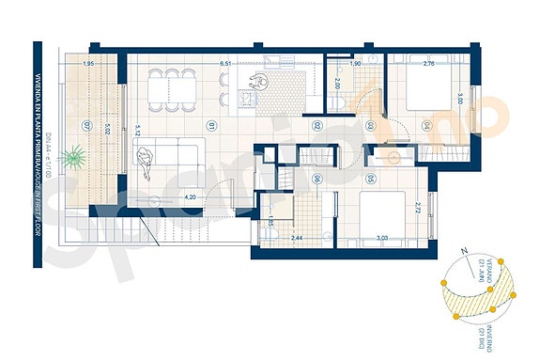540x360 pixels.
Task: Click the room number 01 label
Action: pos(213,125)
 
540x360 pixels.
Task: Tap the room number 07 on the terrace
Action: pos(86,125)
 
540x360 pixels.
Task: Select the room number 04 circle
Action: pos(426,125)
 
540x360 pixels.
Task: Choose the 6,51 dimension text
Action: pos(225,64)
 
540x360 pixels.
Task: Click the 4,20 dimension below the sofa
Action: pos(190,196)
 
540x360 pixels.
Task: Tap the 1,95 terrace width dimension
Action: pos(89,64)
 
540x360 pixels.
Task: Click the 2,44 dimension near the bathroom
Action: pos(297,240)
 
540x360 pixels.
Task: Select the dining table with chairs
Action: pos(188,86)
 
